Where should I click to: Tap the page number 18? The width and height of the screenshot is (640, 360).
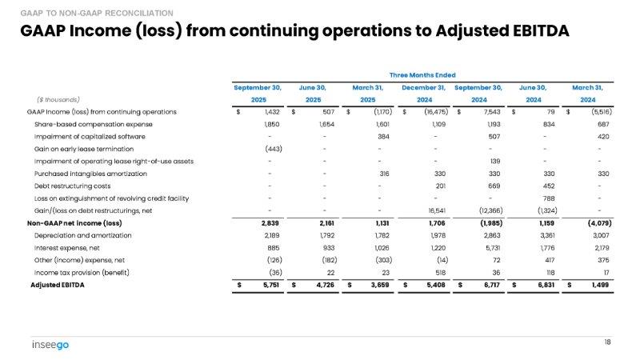[608, 342]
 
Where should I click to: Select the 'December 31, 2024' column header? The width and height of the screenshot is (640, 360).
[424, 93]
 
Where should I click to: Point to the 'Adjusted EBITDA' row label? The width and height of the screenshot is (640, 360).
[58, 285]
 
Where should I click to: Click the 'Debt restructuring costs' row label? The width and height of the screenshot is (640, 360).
[72, 186]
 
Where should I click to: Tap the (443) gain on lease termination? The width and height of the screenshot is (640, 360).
[271, 149]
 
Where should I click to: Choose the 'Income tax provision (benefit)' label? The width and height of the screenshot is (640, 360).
[82, 273]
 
